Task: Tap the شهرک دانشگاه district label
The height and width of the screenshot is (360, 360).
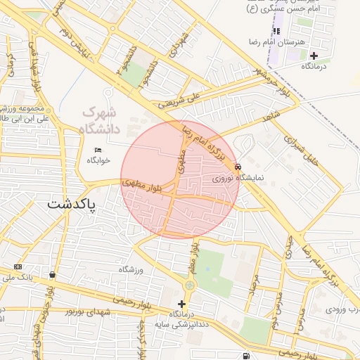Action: tap(102, 120)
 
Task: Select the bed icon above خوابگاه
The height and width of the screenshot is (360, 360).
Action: tap(98, 149)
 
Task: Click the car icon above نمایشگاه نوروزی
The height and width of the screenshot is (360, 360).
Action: tap(238, 167)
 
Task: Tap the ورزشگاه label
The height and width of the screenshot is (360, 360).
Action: tap(131, 269)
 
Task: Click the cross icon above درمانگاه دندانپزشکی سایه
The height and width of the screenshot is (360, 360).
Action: tap(181, 304)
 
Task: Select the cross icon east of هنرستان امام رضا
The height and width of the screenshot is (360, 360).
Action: tap(314, 55)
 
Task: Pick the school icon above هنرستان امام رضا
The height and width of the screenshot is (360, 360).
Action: tap(276, 32)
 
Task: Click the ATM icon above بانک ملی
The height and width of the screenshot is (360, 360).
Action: tap(18, 267)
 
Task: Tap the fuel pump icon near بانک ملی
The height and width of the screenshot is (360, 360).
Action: tap(53, 274)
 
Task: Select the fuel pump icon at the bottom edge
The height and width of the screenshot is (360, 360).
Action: tap(245, 355)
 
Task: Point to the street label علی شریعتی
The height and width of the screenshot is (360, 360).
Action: tap(180, 103)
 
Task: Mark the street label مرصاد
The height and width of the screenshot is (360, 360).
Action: tap(253, 285)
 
